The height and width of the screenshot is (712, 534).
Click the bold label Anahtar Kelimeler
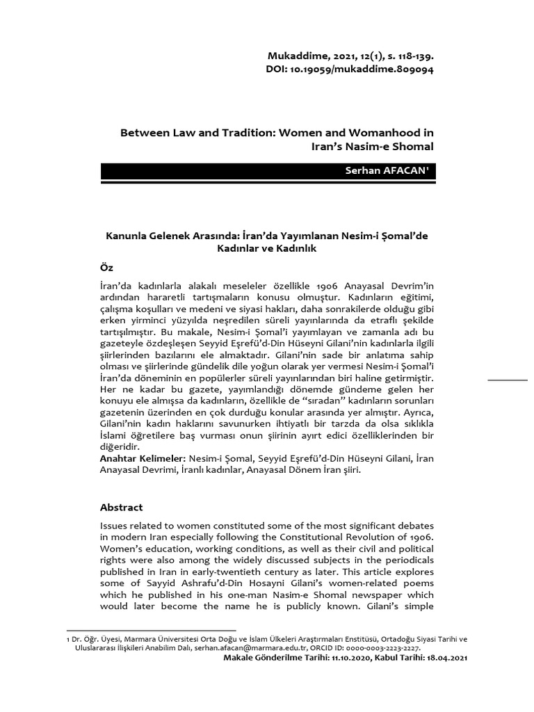[x=142, y=460]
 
